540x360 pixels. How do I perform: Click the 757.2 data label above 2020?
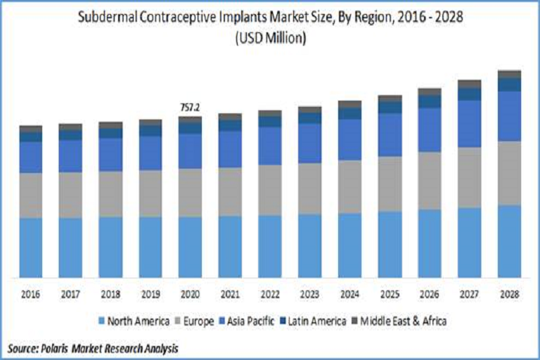pyautogui.click(x=190, y=108)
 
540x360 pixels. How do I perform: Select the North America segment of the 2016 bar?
pyautogui.click(x=30, y=247)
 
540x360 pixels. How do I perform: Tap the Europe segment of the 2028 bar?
pyautogui.click(x=510, y=173)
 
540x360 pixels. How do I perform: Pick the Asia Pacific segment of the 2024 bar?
pyautogui.click(x=349, y=139)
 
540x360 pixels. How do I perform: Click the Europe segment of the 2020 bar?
pyautogui.click(x=190, y=192)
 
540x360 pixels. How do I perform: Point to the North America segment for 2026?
pyautogui.click(x=430, y=243)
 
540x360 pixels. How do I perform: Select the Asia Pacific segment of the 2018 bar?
pyautogui.click(x=110, y=154)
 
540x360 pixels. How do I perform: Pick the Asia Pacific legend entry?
pyautogui.click(x=257, y=321)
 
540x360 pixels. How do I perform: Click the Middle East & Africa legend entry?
pyautogui.click(x=405, y=321)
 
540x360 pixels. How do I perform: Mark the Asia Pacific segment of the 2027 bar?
pyautogui.click(x=470, y=123)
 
